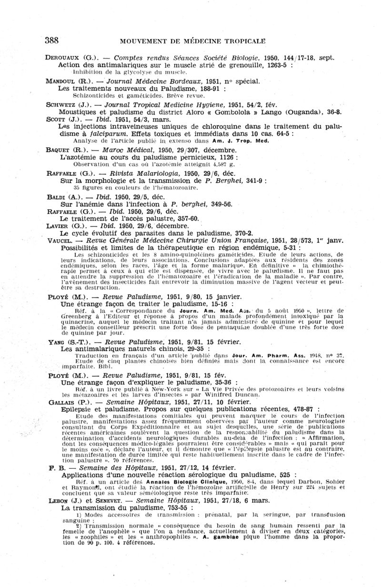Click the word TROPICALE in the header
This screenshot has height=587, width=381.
click(x=240, y=41)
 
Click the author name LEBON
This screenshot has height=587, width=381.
click(x=59, y=501)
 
